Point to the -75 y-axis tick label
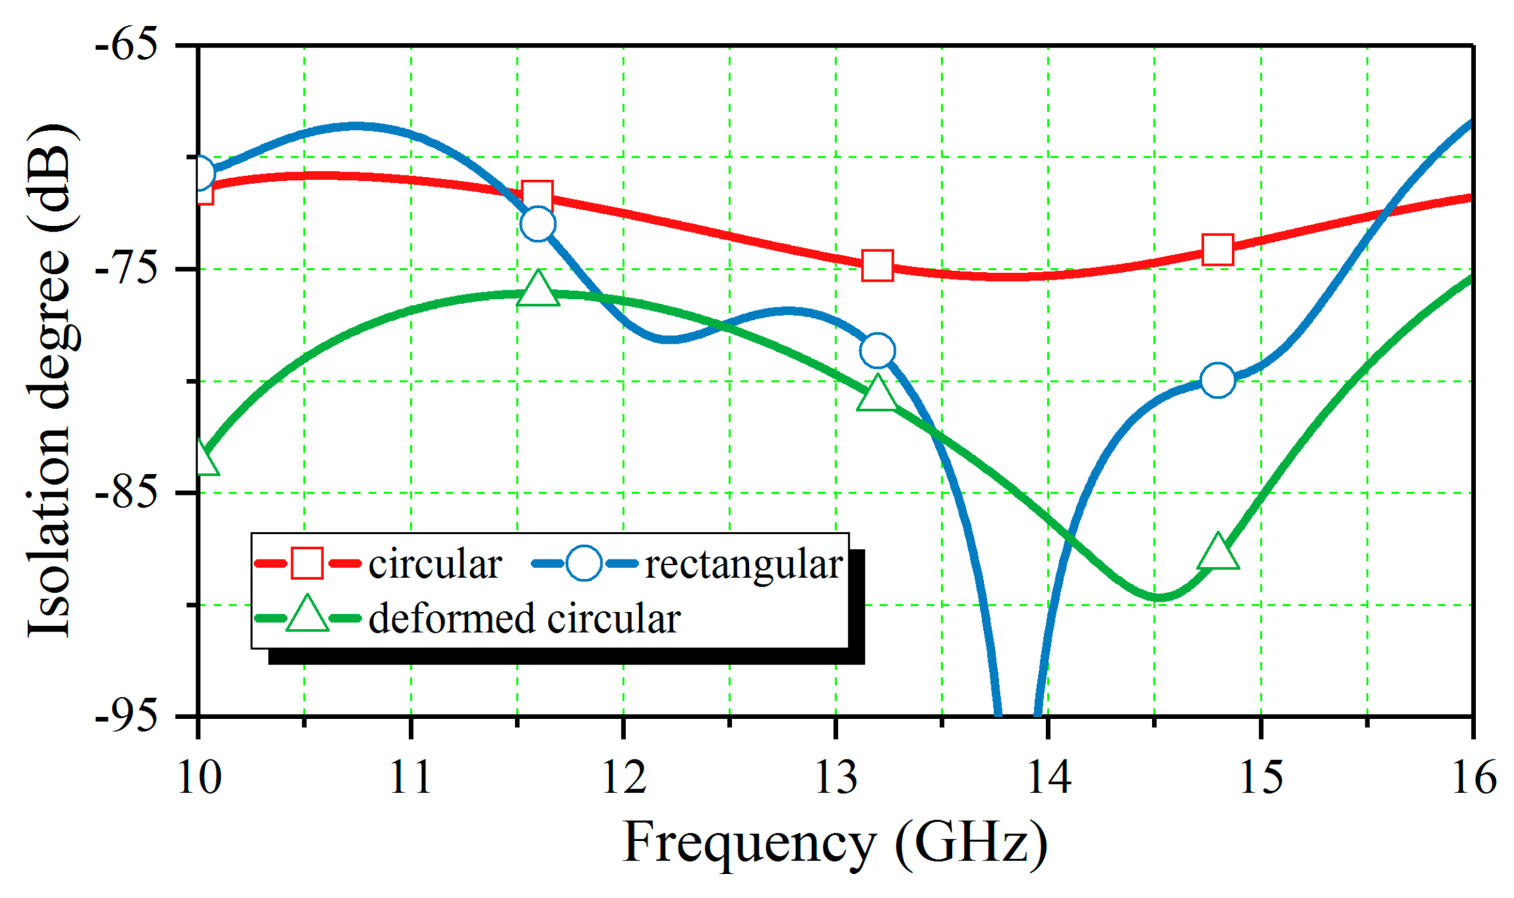tap(126, 270)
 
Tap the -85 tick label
tap(126, 493)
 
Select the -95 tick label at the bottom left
tap(126, 716)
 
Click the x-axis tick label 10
tap(199, 777)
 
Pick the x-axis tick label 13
tap(836, 777)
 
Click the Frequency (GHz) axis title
tap(835, 843)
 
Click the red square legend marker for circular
tap(307, 563)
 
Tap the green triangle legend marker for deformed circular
tap(307, 615)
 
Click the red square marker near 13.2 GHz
tap(878, 265)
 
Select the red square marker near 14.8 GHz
tap(1218, 249)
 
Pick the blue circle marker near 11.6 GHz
tap(538, 223)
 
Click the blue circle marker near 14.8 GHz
tap(1217, 380)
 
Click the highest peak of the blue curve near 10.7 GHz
tap(356, 127)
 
